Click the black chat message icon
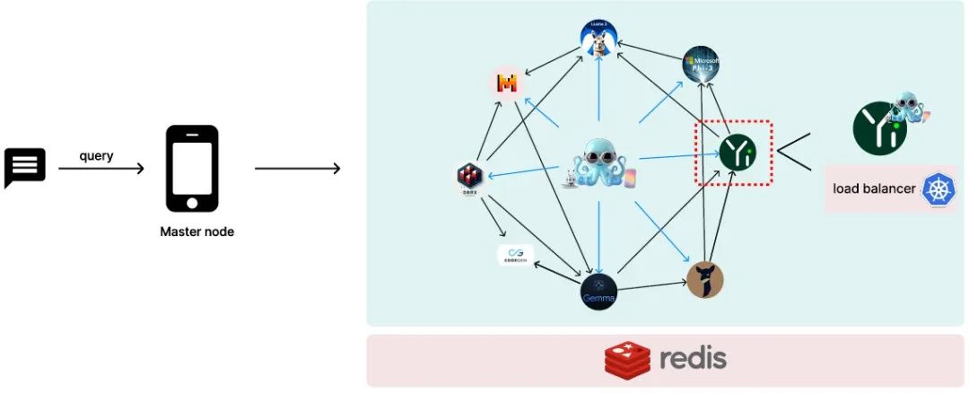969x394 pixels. (x=25, y=168)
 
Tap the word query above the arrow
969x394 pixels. (x=96, y=155)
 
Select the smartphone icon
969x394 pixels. (x=192, y=169)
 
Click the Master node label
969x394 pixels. (x=196, y=232)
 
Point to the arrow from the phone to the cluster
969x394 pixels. (x=297, y=169)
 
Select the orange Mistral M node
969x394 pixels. (x=508, y=84)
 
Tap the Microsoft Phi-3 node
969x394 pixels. (x=702, y=66)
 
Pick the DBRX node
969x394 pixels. (x=470, y=176)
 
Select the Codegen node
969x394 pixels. (x=516, y=256)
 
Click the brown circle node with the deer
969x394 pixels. (x=704, y=280)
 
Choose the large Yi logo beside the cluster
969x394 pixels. (x=877, y=129)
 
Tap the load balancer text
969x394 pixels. (x=874, y=188)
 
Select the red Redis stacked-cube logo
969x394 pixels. (x=627, y=361)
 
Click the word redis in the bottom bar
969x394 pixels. (x=693, y=359)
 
